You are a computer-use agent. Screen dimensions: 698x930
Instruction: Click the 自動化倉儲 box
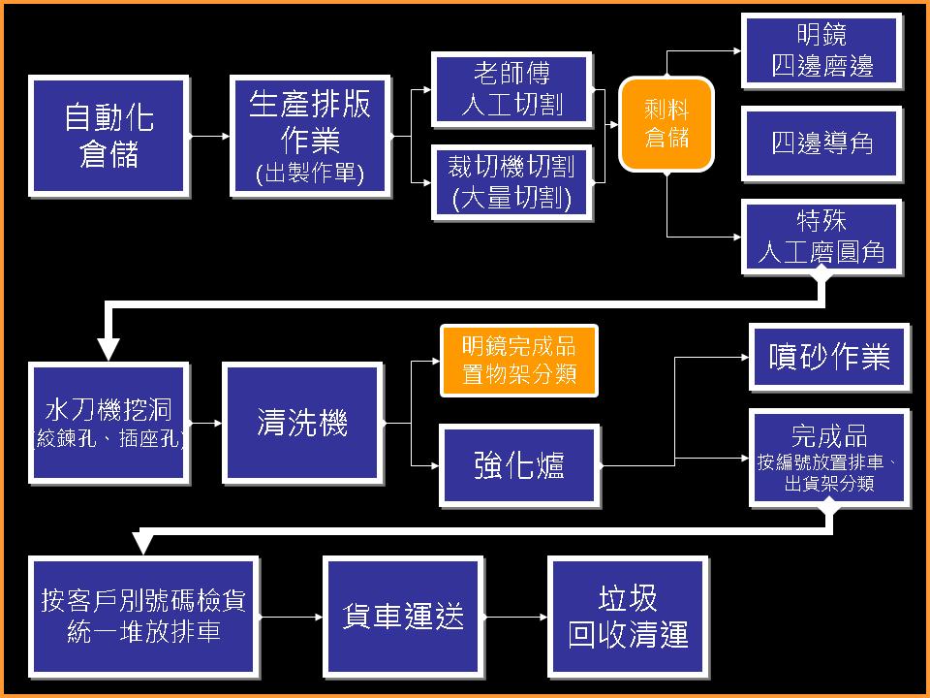(108, 136)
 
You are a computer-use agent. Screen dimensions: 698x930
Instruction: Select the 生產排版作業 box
(310, 136)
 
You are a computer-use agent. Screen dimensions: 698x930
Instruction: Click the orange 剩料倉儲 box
(666, 124)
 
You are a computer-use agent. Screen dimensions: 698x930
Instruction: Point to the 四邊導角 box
(821, 143)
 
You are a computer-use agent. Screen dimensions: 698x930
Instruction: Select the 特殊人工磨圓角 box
(821, 238)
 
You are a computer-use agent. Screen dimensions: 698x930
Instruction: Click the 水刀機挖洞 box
(108, 423)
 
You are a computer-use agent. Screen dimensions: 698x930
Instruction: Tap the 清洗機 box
(302, 423)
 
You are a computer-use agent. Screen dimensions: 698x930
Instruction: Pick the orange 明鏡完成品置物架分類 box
(518, 361)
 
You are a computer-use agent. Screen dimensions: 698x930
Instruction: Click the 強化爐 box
(518, 465)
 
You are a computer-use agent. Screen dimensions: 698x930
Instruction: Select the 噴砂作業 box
(829, 357)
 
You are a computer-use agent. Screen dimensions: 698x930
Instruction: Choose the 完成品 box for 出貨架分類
(829, 458)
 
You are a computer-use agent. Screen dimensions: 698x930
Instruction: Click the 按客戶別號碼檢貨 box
(143, 616)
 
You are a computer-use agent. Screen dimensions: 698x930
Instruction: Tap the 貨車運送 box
(403, 616)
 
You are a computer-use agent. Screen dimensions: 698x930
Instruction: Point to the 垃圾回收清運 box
(628, 616)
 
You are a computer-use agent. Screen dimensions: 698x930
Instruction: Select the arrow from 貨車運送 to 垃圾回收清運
(515, 617)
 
